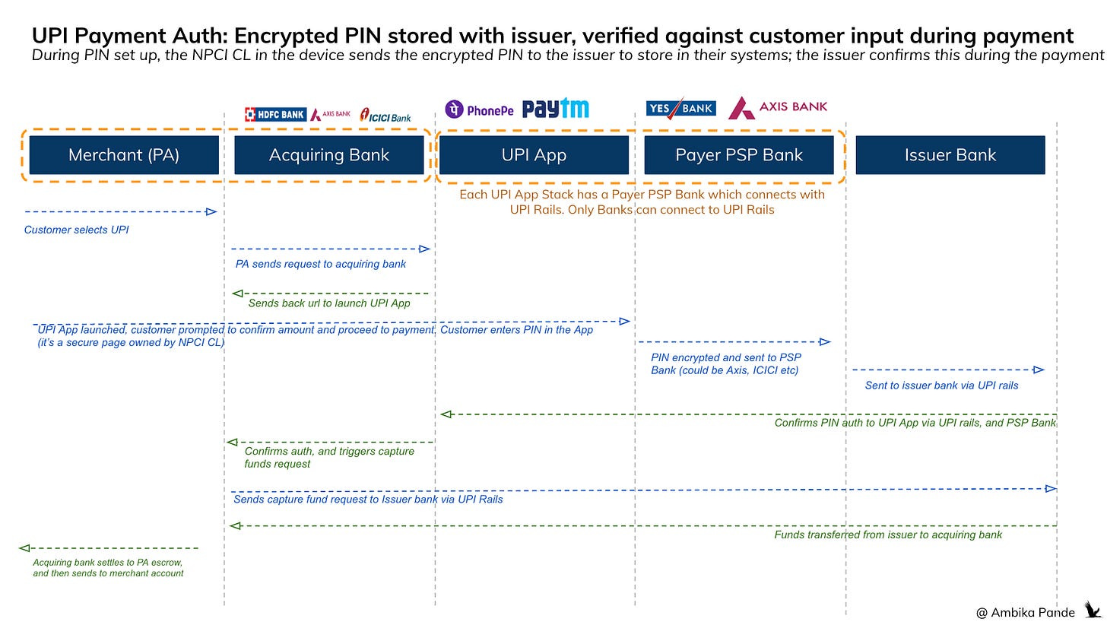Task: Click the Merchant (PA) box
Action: click(124, 155)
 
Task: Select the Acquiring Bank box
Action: click(328, 155)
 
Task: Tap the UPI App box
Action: click(534, 155)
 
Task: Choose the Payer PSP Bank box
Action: click(738, 155)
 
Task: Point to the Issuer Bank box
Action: click(950, 155)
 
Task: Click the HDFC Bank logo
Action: click(275, 115)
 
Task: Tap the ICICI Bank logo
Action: click(386, 116)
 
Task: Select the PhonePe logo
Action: click(479, 110)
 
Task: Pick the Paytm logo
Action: click(555, 109)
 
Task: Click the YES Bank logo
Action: click(680, 109)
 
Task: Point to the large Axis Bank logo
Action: click(778, 108)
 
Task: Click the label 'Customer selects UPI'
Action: click(76, 230)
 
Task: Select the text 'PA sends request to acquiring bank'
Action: click(320, 264)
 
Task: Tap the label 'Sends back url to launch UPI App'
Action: click(328, 303)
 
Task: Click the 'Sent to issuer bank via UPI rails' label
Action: click(941, 385)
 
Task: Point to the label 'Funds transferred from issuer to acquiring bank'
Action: click(888, 535)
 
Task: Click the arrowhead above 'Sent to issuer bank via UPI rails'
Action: click(1039, 370)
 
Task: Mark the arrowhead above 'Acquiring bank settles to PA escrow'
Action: click(24, 547)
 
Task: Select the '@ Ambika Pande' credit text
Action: click(1025, 612)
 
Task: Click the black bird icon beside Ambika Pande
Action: click(1092, 610)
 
